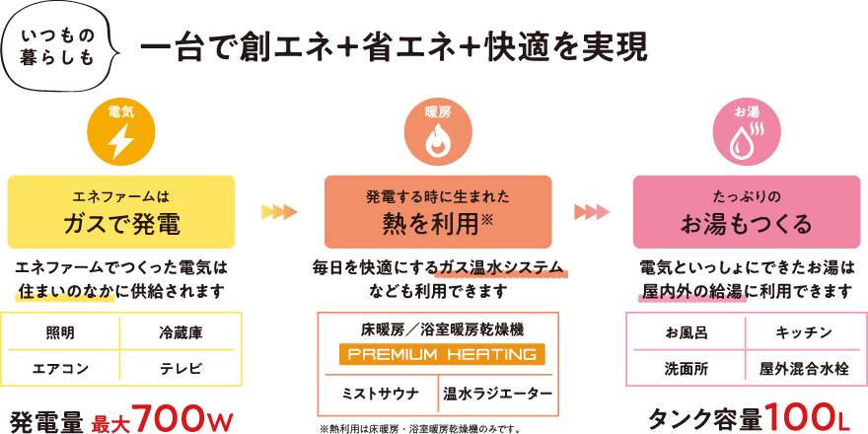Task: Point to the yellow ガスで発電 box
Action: coord(121,211)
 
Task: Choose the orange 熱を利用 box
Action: coord(437,211)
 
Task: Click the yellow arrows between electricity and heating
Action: coord(279,210)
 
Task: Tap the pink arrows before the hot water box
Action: coord(592,210)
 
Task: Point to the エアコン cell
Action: coord(61,370)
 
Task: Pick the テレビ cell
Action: coord(181,370)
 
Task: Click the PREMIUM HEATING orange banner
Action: coord(438,354)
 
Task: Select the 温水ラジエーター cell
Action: coord(497,394)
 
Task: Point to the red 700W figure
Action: coord(184,418)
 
